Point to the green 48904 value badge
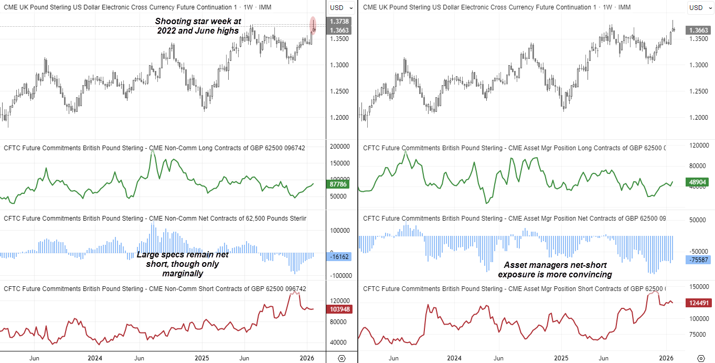click(x=698, y=182)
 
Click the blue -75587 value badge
click(x=698, y=260)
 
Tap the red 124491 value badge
click(x=698, y=303)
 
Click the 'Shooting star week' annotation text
click(x=198, y=26)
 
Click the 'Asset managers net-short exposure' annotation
click(x=554, y=269)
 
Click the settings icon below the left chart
click(x=342, y=358)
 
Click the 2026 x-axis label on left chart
click(x=306, y=358)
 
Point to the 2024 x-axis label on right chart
click(x=454, y=358)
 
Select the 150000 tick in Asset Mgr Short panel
click(x=698, y=286)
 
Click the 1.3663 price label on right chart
click(x=698, y=30)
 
